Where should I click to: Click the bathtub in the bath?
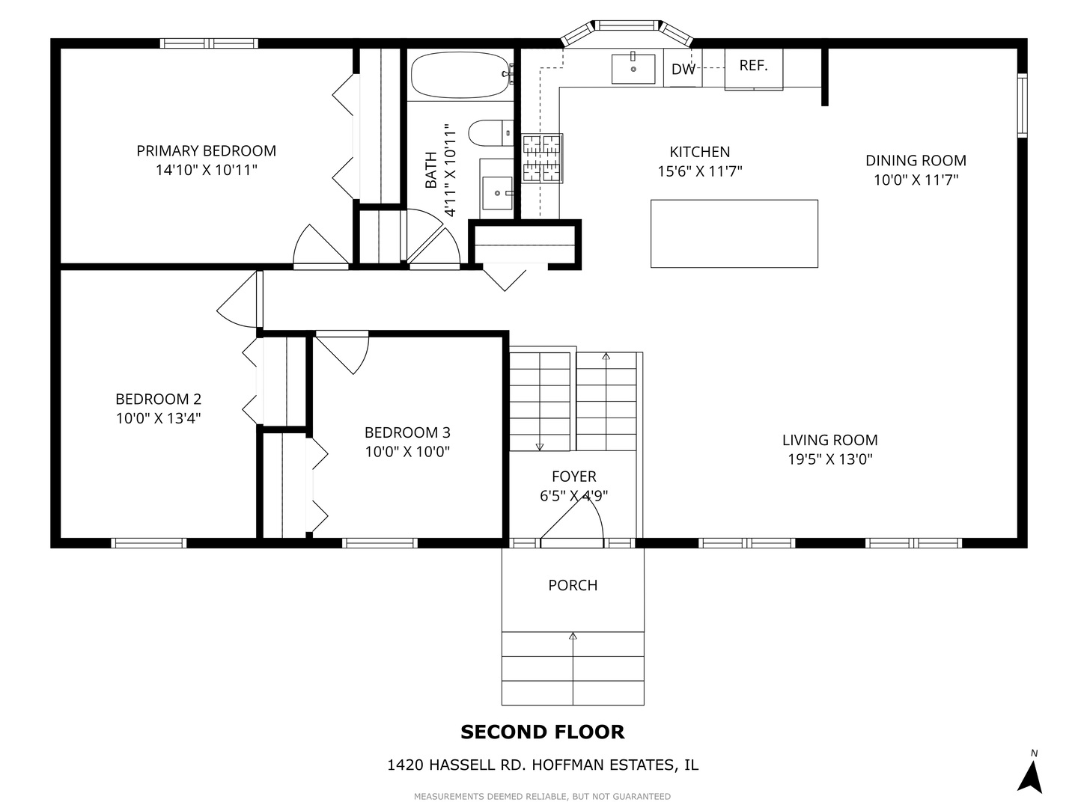pos(460,74)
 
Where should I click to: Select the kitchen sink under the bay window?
pos(633,69)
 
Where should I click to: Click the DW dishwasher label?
pos(683,70)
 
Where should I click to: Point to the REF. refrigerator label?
pos(753,66)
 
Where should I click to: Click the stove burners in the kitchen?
pos(542,158)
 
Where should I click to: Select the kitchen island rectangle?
pos(734,233)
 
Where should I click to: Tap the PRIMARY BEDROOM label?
pos(206,151)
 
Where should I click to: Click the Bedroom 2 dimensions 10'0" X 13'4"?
pos(158,418)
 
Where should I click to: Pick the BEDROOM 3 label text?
pos(407,432)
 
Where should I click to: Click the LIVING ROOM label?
pos(829,441)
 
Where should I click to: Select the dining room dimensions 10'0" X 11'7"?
pos(916,180)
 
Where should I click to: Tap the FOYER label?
pos(573,477)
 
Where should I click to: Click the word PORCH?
pos(573,585)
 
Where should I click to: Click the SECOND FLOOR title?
pos(542,732)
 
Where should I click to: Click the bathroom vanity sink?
pos(496,192)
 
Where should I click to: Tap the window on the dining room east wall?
pos(1022,105)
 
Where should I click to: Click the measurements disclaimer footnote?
pos(542,796)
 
